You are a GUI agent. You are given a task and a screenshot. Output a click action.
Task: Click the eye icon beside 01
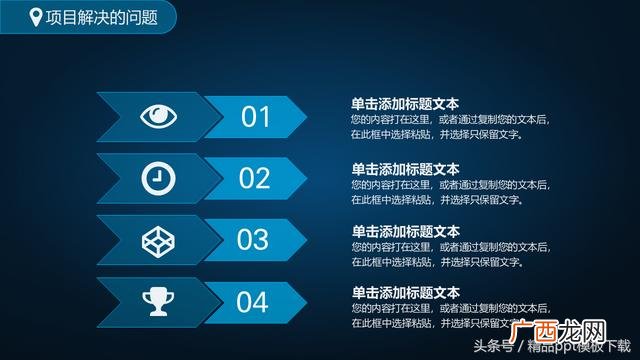click(x=156, y=117)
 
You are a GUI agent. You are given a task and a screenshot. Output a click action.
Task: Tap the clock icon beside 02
click(x=156, y=178)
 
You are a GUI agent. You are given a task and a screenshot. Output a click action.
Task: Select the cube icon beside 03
click(x=156, y=239)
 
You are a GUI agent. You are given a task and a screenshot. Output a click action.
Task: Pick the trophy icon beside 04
click(x=157, y=300)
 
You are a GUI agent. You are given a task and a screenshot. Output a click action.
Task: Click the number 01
click(x=256, y=117)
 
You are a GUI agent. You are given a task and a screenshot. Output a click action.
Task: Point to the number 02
click(x=256, y=178)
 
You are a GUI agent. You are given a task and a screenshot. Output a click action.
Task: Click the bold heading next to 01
click(x=405, y=103)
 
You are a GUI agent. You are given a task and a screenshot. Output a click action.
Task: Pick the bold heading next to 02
click(x=405, y=169)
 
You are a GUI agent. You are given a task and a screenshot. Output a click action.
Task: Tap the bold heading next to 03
click(x=405, y=231)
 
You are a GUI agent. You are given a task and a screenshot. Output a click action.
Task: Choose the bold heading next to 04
click(x=405, y=293)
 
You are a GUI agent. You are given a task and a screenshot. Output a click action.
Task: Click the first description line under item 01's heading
click(x=450, y=119)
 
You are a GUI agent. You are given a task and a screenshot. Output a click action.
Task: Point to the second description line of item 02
click(x=436, y=200)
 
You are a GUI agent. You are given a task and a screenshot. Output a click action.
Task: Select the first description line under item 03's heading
click(x=450, y=247)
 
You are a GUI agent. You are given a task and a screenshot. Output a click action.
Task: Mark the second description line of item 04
click(x=436, y=324)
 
